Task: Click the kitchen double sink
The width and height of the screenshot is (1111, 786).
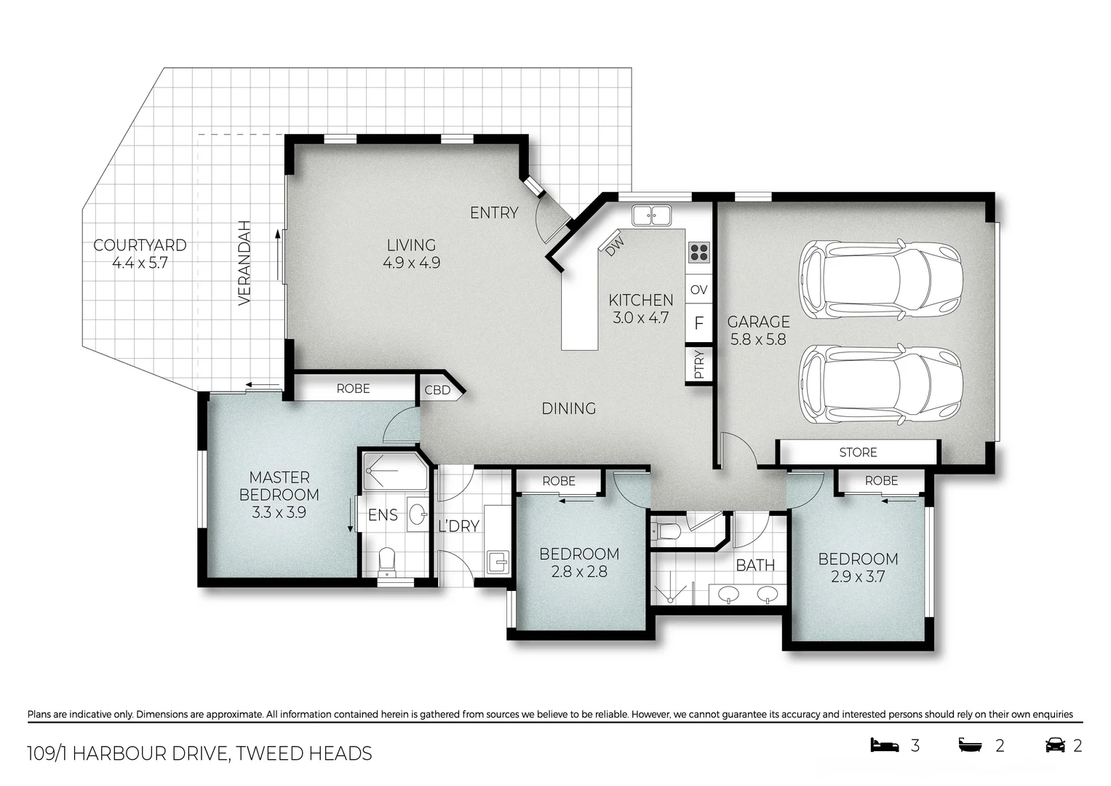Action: [651, 215]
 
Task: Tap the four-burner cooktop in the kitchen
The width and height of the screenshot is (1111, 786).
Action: [698, 253]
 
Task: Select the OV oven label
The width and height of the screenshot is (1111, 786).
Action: [698, 290]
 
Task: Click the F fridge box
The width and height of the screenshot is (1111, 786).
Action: [698, 322]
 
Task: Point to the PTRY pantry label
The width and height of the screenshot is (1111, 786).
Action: [698, 365]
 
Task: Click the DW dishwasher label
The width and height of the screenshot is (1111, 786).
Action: [615, 246]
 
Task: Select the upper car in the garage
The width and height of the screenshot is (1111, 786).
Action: [881, 279]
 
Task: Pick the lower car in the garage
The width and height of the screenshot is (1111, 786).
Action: [881, 384]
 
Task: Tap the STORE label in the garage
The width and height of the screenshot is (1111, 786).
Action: [858, 452]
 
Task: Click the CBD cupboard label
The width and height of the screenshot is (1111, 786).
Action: [437, 390]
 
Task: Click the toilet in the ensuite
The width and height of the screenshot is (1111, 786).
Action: [387, 563]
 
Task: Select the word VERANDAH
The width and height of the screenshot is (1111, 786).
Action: [244, 263]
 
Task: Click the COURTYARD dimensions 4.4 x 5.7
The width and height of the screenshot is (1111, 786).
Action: [140, 263]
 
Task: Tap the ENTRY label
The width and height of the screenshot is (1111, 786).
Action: [494, 213]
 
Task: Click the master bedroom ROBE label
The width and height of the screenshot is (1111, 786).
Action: [353, 389]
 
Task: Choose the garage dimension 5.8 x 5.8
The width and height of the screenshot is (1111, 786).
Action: [758, 339]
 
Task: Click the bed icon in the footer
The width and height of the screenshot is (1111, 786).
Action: [885, 745]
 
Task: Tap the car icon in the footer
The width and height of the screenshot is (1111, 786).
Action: [1054, 745]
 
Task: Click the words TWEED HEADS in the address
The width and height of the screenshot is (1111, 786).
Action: [304, 753]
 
